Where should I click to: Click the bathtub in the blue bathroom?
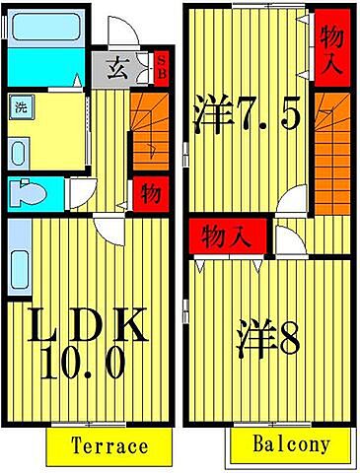click(49, 28)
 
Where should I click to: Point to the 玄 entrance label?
click(116, 70)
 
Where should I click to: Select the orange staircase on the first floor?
click(149, 128)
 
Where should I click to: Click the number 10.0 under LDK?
click(85, 366)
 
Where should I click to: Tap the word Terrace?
click(109, 445)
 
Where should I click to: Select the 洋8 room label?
click(269, 340)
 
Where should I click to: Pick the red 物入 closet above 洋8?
click(227, 236)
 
